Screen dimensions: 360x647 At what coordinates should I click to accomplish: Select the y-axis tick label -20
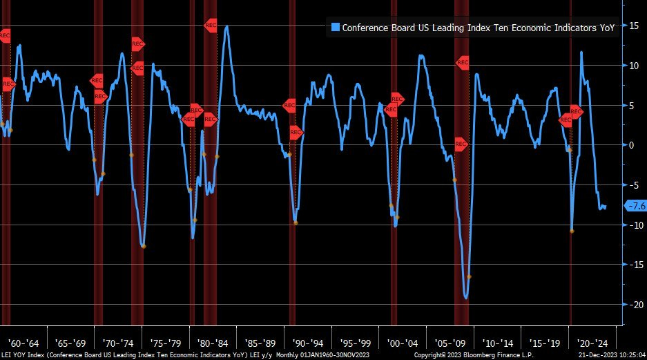point(630,305)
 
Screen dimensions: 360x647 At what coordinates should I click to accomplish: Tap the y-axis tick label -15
point(630,265)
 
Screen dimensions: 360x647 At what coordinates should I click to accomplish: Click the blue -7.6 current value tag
point(635,206)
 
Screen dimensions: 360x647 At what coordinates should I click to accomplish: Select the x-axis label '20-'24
point(593,343)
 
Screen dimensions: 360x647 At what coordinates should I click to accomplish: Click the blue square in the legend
point(336,28)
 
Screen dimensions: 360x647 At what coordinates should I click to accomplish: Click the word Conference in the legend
point(365,28)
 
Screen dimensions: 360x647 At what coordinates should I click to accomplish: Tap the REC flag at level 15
point(211,25)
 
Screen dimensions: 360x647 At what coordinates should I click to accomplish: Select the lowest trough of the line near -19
point(467,299)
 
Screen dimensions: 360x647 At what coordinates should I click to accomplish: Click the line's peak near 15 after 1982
point(227,27)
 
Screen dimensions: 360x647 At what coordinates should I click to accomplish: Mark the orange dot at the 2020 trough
point(572,231)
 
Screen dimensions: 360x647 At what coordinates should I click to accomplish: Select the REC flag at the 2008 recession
point(463,63)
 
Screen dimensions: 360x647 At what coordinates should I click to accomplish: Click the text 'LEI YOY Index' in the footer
point(26,355)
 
